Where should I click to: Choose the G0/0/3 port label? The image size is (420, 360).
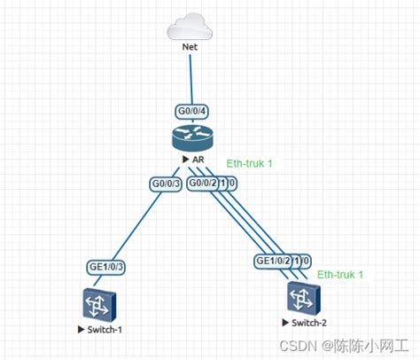click(165, 184)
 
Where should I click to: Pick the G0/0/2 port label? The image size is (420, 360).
click(203, 184)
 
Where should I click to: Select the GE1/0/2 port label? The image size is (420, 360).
click(274, 262)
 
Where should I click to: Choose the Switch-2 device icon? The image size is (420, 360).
click(301, 295)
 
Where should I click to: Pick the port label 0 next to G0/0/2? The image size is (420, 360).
click(232, 184)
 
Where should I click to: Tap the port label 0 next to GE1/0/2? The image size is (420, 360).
click(306, 262)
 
